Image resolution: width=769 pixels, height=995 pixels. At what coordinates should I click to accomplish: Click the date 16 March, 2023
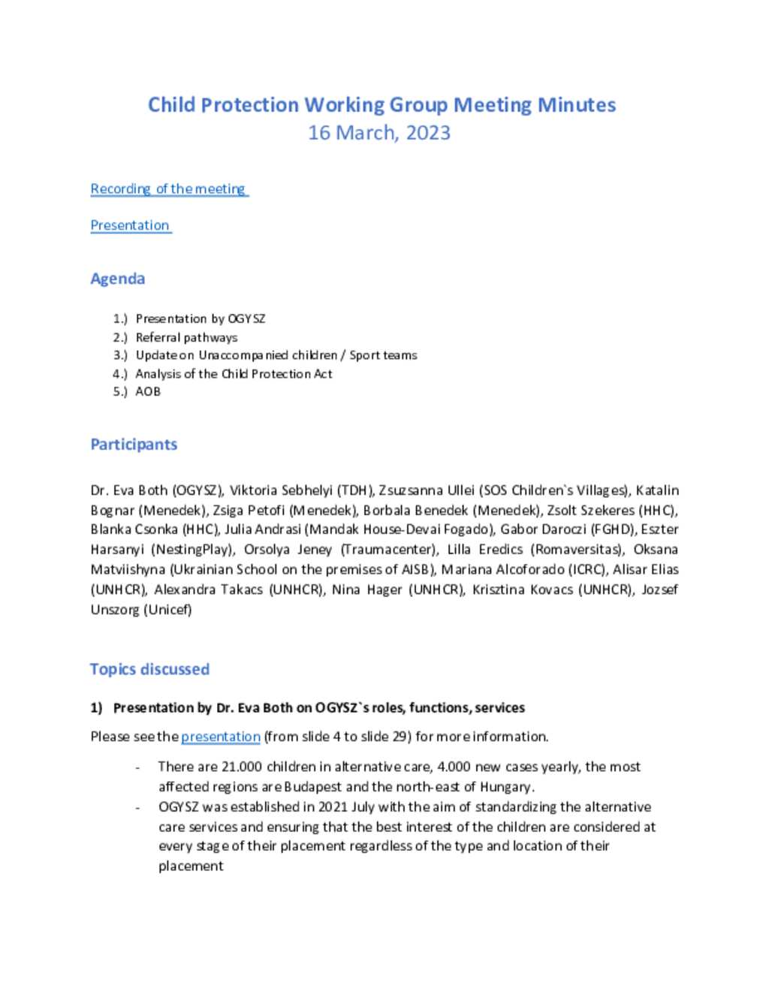coord(379,133)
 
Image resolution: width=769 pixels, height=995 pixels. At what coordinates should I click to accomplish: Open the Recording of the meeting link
coord(168,188)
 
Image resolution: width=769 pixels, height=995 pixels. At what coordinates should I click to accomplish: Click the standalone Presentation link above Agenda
coord(130,225)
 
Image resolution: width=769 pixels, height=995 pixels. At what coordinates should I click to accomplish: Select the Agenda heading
coord(117,279)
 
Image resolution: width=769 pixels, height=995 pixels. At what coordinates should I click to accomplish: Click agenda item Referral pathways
coord(186,337)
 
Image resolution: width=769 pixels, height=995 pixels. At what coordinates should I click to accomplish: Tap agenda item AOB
coord(148,391)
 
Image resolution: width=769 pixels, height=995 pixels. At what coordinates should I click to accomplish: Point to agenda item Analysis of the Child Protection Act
coord(234,373)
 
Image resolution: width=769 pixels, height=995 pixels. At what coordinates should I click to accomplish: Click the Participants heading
coord(134,444)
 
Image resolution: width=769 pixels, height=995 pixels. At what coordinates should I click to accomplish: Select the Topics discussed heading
coord(149,669)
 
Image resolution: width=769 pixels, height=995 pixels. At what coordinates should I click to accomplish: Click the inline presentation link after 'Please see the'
coord(220,737)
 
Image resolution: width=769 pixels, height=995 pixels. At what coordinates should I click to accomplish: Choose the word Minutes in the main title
coord(576,104)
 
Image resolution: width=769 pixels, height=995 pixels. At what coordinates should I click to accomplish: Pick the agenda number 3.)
coord(120,355)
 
